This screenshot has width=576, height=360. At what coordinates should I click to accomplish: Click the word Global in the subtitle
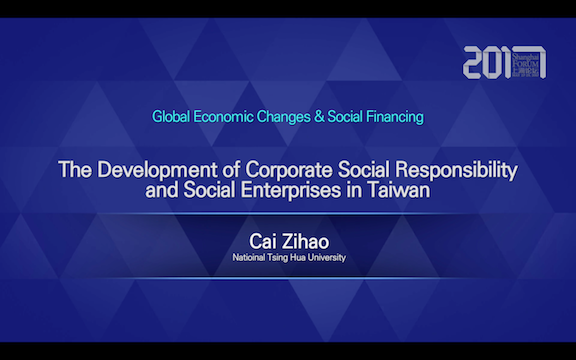pos(171,117)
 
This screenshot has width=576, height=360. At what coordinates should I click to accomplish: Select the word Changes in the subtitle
pos(290,117)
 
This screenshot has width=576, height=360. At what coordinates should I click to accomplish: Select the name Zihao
pos(305,244)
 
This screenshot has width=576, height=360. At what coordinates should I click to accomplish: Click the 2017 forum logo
pos(504,62)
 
